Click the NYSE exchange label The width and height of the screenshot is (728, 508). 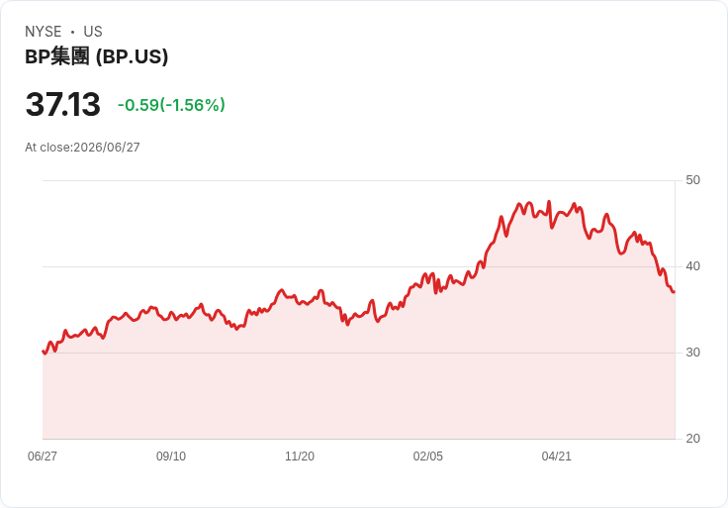tap(44, 32)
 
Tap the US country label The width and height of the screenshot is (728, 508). tap(93, 32)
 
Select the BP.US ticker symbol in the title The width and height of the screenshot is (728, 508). tap(133, 57)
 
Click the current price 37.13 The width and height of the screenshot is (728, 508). tap(62, 104)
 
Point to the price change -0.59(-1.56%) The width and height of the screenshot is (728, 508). tap(171, 105)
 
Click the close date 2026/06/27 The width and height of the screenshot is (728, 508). tap(107, 148)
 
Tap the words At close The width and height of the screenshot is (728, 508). tap(48, 148)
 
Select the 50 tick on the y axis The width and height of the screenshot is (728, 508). tap(692, 180)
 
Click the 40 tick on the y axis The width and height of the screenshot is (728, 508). tap(692, 266)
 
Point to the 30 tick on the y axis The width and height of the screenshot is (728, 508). tap(692, 353)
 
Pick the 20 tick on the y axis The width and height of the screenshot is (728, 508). tap(692, 439)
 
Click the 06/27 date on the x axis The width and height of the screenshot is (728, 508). tap(43, 457)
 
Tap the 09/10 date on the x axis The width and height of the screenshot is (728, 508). tap(171, 457)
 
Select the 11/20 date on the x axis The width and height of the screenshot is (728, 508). tap(300, 457)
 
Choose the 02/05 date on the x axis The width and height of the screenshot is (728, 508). tap(428, 457)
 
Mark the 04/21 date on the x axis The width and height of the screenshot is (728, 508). tap(556, 457)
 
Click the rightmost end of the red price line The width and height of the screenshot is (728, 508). tap(675, 292)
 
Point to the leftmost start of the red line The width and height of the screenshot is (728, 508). tap(43, 352)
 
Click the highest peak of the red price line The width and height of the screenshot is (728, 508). tap(549, 202)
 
